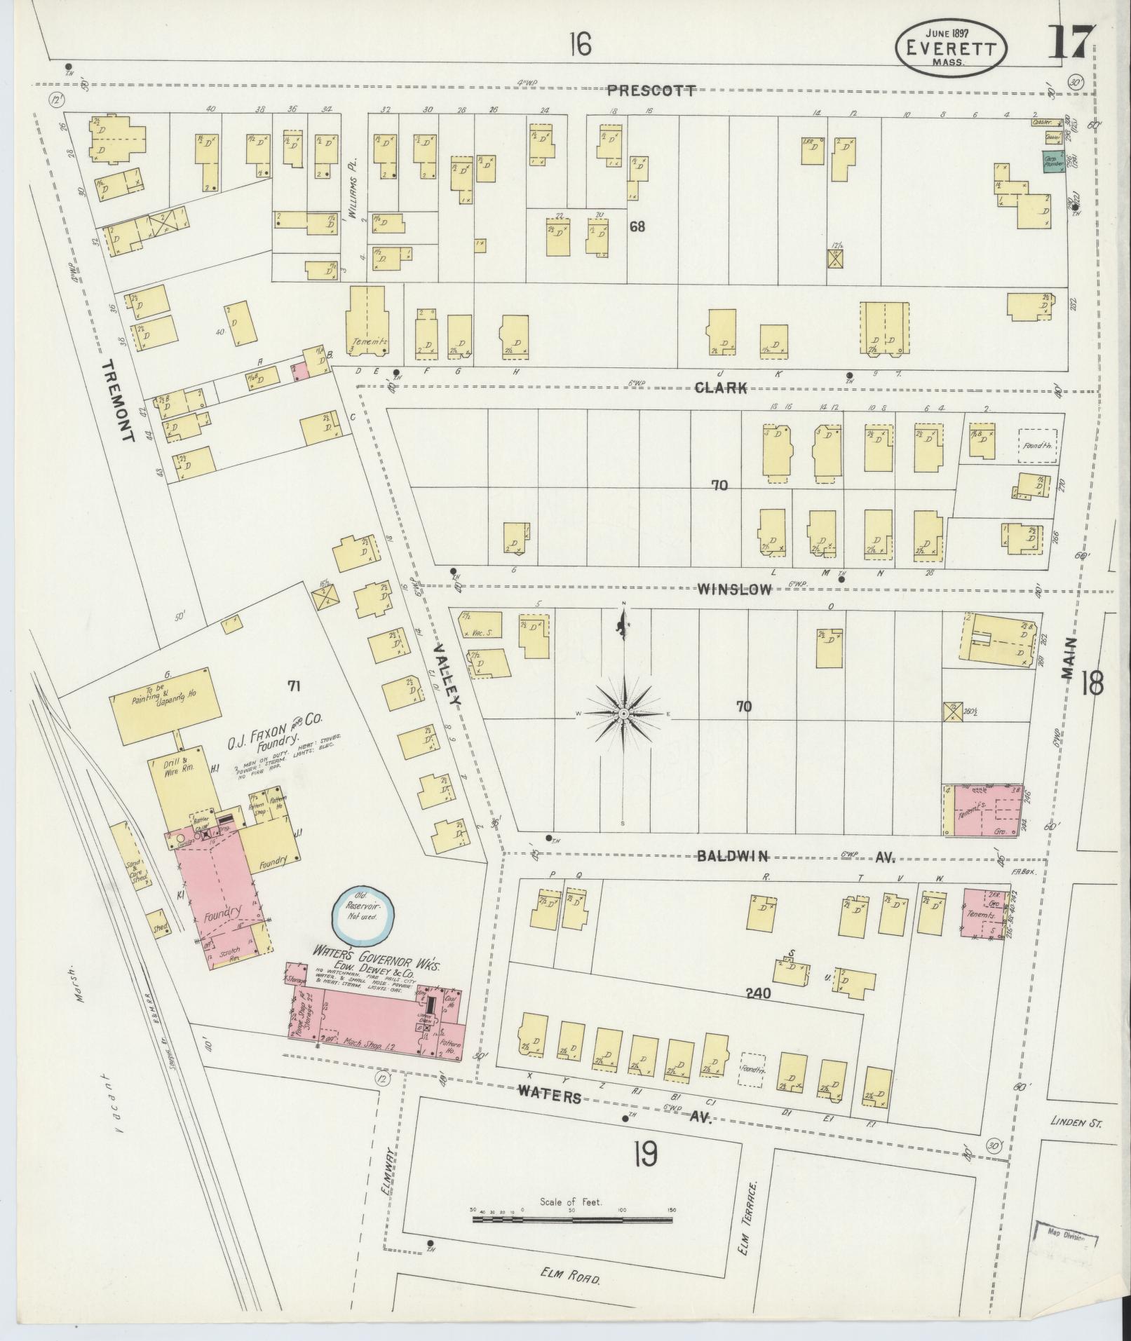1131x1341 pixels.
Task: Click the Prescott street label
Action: (651, 90)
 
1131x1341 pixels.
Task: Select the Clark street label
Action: (721, 388)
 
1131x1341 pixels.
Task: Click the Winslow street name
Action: (734, 590)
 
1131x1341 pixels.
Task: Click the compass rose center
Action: (623, 713)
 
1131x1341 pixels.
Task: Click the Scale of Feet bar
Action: (571, 1220)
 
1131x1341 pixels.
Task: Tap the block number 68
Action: (637, 226)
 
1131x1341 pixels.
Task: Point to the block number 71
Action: (294, 686)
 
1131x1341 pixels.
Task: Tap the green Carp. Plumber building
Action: (1052, 163)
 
